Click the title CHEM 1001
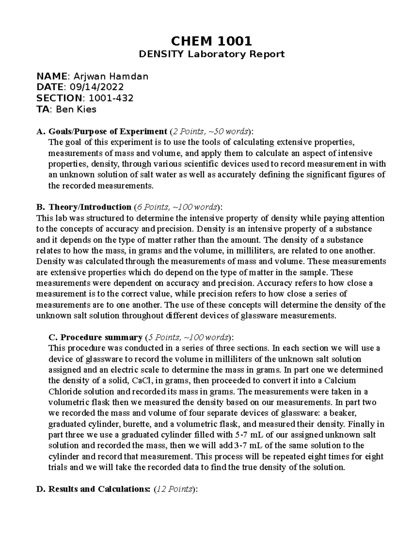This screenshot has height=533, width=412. click(211, 41)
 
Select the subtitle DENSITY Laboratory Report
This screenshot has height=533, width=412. click(211, 54)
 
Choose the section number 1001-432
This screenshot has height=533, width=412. click(111, 98)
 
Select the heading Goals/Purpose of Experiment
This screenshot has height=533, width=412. click(107, 131)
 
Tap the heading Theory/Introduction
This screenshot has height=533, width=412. click(90, 207)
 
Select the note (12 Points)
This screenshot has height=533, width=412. click(176, 489)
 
